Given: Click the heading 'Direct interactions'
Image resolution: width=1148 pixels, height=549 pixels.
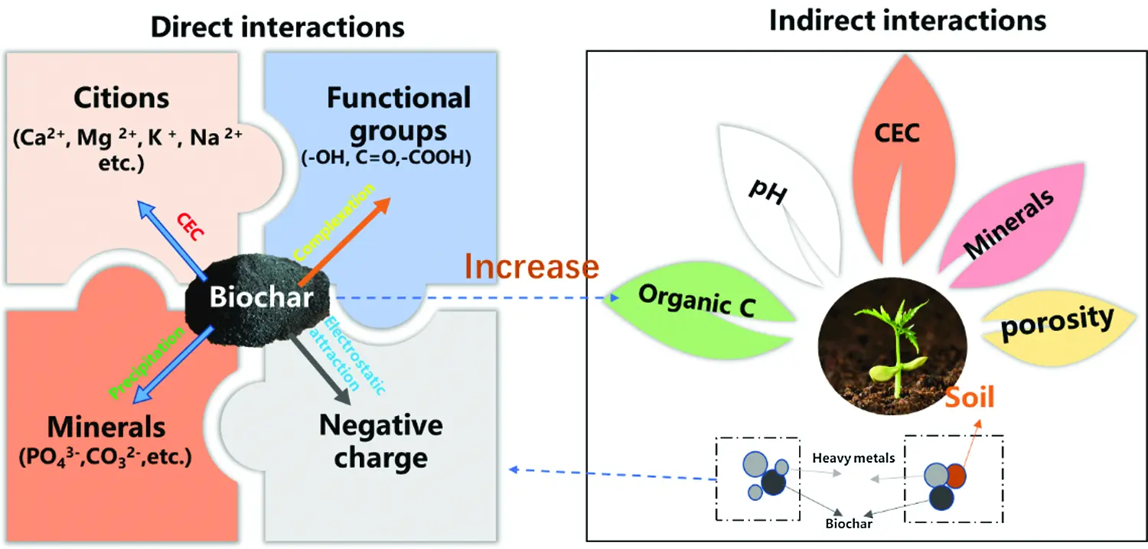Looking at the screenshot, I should [277, 27].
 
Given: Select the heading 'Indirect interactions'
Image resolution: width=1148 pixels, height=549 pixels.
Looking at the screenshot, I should [908, 20].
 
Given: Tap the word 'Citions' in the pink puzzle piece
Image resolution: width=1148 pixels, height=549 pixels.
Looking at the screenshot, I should [122, 99].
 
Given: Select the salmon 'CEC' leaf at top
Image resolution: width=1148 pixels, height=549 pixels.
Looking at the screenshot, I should [896, 134].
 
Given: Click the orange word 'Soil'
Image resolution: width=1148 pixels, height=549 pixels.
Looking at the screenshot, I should [969, 397].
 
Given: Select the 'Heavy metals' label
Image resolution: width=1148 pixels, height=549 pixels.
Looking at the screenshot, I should [853, 457].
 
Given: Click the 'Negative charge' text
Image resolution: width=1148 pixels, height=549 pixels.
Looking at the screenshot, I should [380, 441].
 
